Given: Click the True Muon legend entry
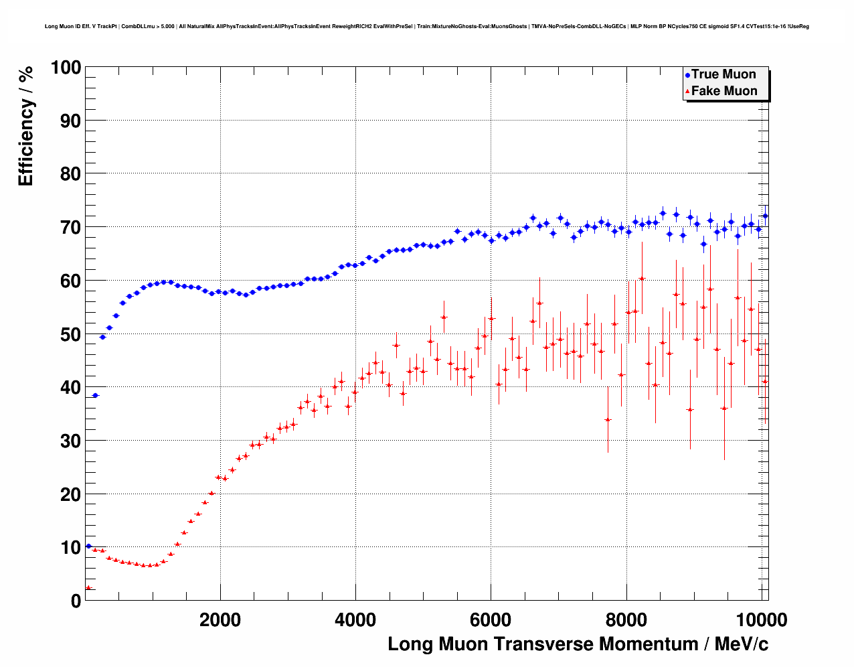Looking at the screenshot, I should (723, 74).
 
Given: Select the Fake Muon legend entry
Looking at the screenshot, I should (723, 91).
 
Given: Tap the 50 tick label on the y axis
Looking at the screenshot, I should (70, 334).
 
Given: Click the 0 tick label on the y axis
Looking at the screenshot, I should (76, 601).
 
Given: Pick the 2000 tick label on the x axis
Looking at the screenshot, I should (220, 620).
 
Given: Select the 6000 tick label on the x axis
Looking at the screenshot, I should (491, 620).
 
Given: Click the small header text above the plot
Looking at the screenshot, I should (426, 26).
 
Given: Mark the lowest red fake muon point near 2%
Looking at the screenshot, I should (88, 588).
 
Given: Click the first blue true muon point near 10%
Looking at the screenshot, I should (88, 546).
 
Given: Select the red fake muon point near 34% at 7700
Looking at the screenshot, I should (608, 420).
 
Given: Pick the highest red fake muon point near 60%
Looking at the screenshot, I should (642, 279).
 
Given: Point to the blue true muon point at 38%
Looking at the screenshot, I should (95, 396).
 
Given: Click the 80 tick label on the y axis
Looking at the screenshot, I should (70, 174).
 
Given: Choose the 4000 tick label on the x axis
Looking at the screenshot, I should (355, 620).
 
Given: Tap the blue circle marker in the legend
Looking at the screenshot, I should (687, 75).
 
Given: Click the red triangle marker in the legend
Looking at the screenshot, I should (687, 92).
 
